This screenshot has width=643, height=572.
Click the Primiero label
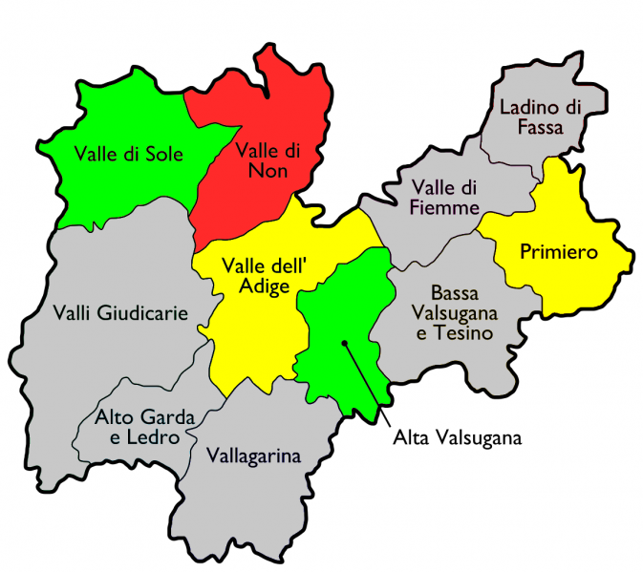(558, 252)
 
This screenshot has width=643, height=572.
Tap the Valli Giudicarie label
(120, 312)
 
